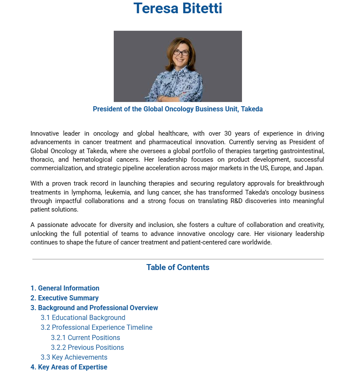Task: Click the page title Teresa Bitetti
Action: (x=178, y=8)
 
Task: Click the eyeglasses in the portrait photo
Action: (x=181, y=53)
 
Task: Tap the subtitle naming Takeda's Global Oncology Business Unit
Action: (x=178, y=109)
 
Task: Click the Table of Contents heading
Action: (x=178, y=267)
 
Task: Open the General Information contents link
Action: (x=65, y=288)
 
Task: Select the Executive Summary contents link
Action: (x=64, y=298)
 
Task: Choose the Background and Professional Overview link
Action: (x=94, y=308)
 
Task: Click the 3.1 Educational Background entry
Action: (x=83, y=318)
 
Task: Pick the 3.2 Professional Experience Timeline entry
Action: (x=96, y=328)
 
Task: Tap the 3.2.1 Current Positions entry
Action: (x=85, y=337)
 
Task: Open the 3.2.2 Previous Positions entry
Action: (x=87, y=347)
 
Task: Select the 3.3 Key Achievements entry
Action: (x=74, y=357)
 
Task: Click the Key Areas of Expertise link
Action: (x=69, y=367)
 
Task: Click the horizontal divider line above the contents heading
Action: (x=178, y=259)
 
